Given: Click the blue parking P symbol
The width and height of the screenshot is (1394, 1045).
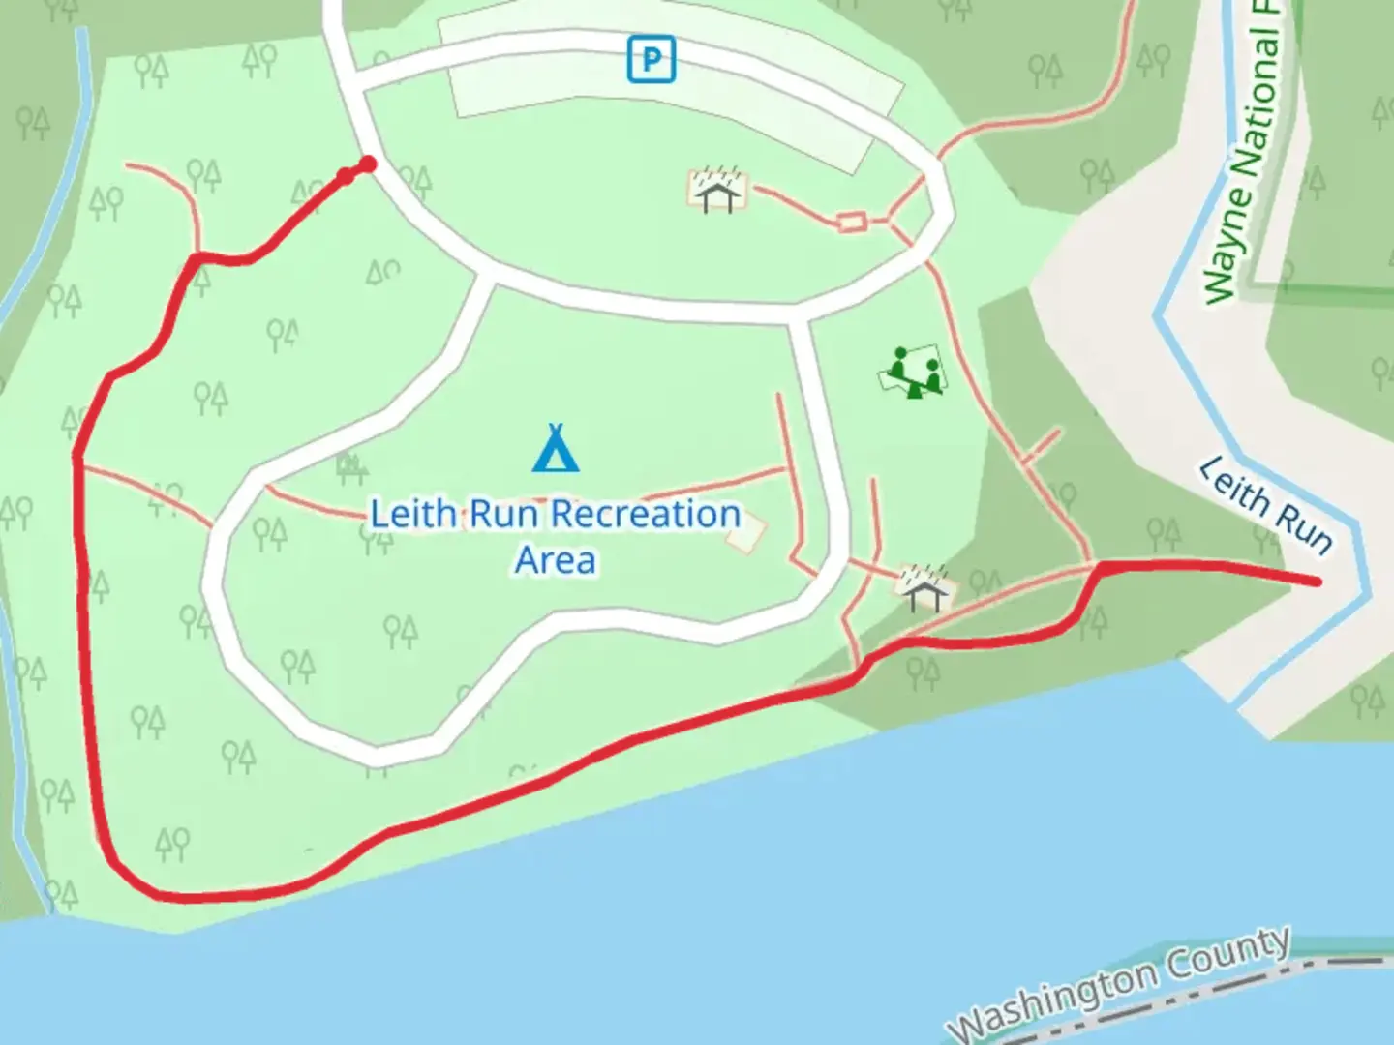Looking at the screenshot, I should (651, 59).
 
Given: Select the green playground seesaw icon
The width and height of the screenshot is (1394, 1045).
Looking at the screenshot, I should (913, 372).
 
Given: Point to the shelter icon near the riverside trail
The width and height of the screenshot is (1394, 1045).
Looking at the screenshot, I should (924, 587).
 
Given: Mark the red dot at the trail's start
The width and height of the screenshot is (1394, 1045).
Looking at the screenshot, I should (368, 164).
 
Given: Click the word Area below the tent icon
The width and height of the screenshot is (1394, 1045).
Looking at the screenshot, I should (555, 560).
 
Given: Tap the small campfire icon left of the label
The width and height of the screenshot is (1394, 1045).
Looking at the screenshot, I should (351, 467).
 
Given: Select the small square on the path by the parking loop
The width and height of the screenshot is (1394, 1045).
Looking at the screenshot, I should (851, 223).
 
